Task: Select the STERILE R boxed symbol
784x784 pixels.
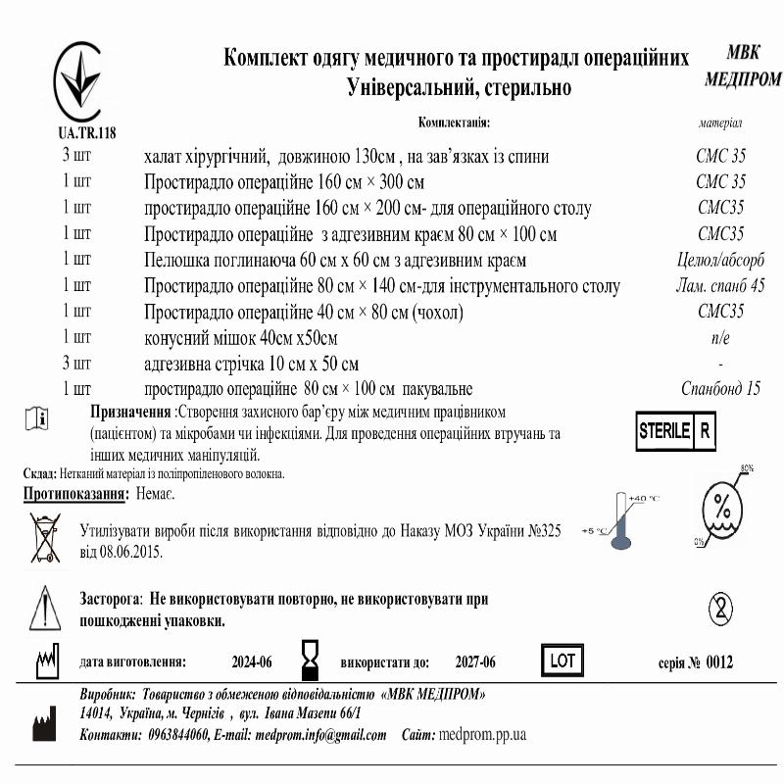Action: [x=677, y=431]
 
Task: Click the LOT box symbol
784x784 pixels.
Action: [x=563, y=661]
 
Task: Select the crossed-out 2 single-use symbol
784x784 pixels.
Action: [x=723, y=609]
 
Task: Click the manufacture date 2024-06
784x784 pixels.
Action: [x=252, y=662]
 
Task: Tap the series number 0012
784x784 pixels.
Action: [x=718, y=662]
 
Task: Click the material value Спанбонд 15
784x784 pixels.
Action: [x=720, y=388]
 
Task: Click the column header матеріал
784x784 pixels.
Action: [x=720, y=124]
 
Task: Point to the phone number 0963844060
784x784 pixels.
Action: [x=176, y=735]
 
